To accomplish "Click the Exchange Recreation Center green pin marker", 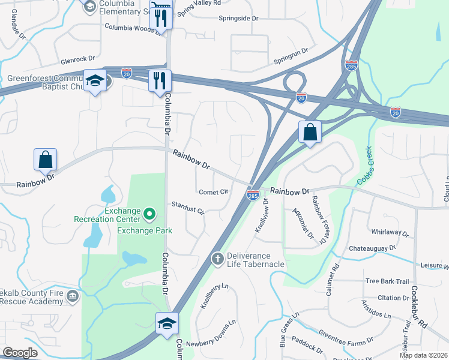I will (150, 212).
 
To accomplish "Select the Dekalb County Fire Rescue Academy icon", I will (73, 295).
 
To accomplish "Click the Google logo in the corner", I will (20, 353).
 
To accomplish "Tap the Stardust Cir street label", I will (188, 208).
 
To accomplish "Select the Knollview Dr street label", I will (261, 216).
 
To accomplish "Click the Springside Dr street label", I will (238, 19).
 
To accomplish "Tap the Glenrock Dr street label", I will (78, 59).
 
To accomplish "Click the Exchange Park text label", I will (145, 230).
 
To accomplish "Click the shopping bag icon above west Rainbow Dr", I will (45, 160).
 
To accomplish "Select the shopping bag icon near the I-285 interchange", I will (310, 132).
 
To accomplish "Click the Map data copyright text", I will (423, 355).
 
